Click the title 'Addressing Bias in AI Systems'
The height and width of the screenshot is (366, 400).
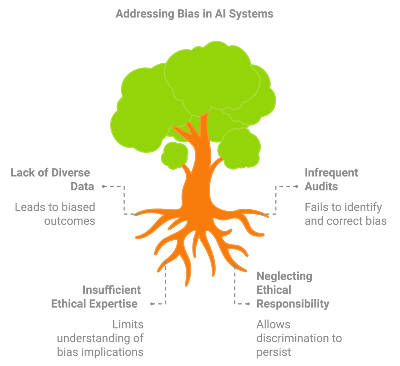tap(195, 14)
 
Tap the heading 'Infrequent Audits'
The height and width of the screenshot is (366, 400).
tap(331, 179)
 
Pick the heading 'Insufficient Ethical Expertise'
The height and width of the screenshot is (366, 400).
tap(96, 297)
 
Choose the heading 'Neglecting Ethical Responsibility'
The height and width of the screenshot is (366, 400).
tap(293, 290)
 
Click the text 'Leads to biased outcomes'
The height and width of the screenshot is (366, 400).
tap(55, 214)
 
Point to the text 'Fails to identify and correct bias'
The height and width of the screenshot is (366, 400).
tap(346, 214)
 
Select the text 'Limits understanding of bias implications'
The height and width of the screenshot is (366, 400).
tap(100, 338)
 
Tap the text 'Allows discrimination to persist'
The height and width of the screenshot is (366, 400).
tap(299, 338)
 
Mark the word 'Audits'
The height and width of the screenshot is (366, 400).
tap(321, 187)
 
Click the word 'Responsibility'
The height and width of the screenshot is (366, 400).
tap(293, 304)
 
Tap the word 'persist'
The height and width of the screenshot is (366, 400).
tap(273, 352)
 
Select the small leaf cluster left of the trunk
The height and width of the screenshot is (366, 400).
tap(175, 155)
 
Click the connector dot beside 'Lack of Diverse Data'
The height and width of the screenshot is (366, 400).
tap(103, 187)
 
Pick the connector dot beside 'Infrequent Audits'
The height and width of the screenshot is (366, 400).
tap(296, 187)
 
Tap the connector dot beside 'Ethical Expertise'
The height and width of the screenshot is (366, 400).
tap(152, 304)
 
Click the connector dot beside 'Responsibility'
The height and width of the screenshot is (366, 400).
tap(248, 304)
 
